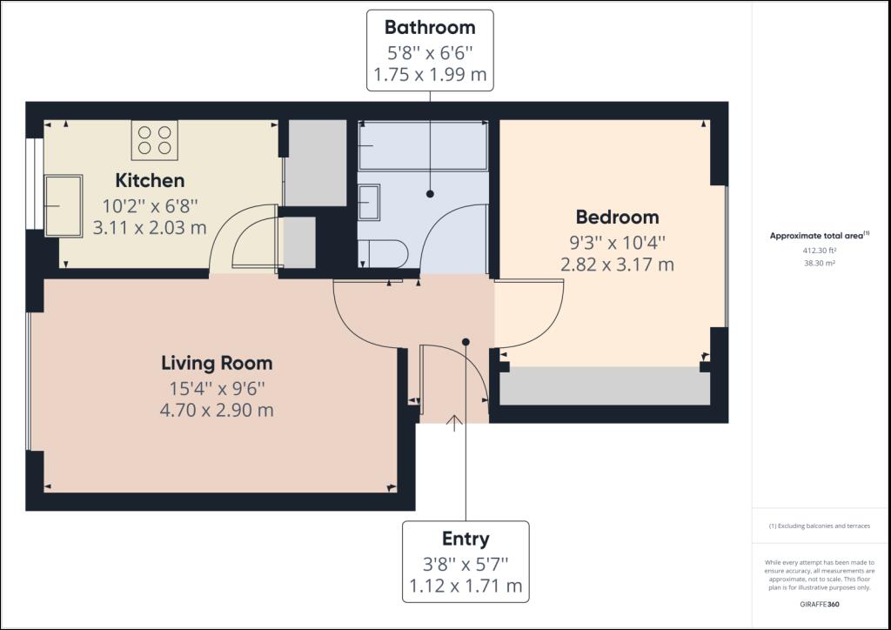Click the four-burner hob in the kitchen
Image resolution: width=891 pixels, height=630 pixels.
[x=155, y=140]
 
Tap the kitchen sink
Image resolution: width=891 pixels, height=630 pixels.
[x=64, y=205]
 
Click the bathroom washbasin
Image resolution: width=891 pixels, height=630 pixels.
[x=369, y=202]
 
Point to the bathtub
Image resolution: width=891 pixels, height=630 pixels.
[x=424, y=145]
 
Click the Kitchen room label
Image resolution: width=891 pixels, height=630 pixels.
[x=150, y=181]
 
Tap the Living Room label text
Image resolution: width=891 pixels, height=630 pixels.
[x=217, y=363]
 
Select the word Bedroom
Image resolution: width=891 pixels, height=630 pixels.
[x=617, y=217]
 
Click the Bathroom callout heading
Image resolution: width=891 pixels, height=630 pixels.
[x=430, y=27]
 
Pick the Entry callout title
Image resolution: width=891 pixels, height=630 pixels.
[x=466, y=540]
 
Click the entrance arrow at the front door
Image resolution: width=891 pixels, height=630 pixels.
[x=454, y=423]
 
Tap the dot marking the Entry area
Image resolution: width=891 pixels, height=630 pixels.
[x=466, y=342]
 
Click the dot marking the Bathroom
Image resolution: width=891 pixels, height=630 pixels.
[x=430, y=194]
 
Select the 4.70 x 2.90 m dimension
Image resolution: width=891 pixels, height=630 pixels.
[x=217, y=410]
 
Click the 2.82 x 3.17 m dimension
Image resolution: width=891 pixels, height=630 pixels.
[x=617, y=265]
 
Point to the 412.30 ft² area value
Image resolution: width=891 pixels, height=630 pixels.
[x=820, y=250]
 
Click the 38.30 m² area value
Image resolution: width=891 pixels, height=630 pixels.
[x=820, y=263]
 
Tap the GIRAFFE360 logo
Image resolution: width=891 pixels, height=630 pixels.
[x=820, y=604]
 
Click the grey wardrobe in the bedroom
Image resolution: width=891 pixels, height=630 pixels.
[x=605, y=385]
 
